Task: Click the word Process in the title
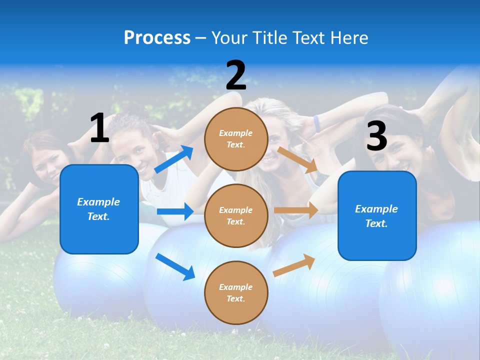(x=157, y=37)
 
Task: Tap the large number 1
(x=99, y=128)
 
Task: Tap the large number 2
(x=236, y=75)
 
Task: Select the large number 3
(x=376, y=136)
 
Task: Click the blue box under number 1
(x=99, y=209)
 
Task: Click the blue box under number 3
(x=377, y=215)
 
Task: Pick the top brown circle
(x=236, y=139)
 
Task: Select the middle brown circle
(x=236, y=215)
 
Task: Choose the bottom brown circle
(x=236, y=292)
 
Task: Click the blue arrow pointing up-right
(x=174, y=159)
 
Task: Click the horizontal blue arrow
(x=175, y=211)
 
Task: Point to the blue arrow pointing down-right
(x=175, y=266)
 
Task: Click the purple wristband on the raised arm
(x=317, y=123)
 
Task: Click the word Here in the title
(x=349, y=37)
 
